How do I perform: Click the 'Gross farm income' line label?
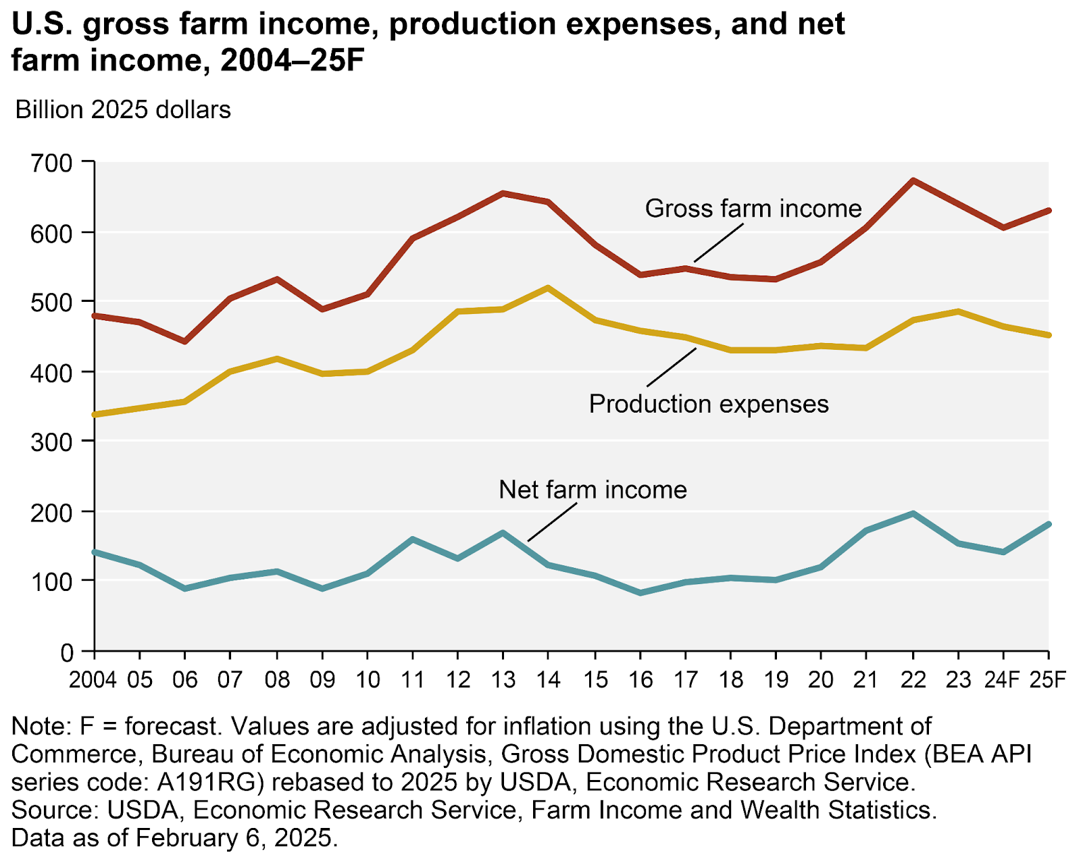753,208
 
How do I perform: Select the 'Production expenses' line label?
709,404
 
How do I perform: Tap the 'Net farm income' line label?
593,489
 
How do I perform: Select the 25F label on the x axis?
1047,679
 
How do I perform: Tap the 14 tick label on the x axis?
547,679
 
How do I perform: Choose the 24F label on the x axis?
1003,679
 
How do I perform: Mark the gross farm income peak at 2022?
913,180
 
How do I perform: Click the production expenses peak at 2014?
547,288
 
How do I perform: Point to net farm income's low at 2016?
640,593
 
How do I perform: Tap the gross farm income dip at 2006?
184,342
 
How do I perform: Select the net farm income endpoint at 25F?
1048,524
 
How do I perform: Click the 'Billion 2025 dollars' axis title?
123,109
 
